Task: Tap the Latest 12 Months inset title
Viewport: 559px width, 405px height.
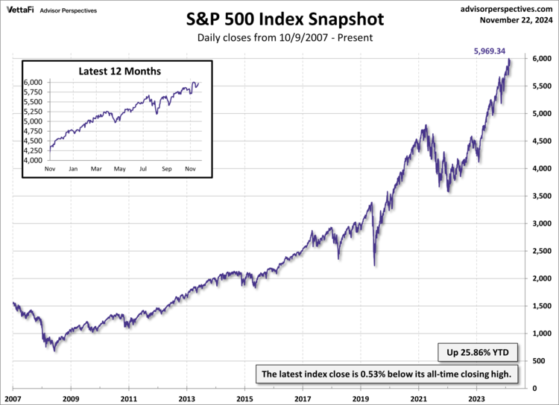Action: point(119,71)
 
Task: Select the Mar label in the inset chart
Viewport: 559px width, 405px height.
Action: point(96,169)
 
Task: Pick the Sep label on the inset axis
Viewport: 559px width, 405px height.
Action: point(167,169)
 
